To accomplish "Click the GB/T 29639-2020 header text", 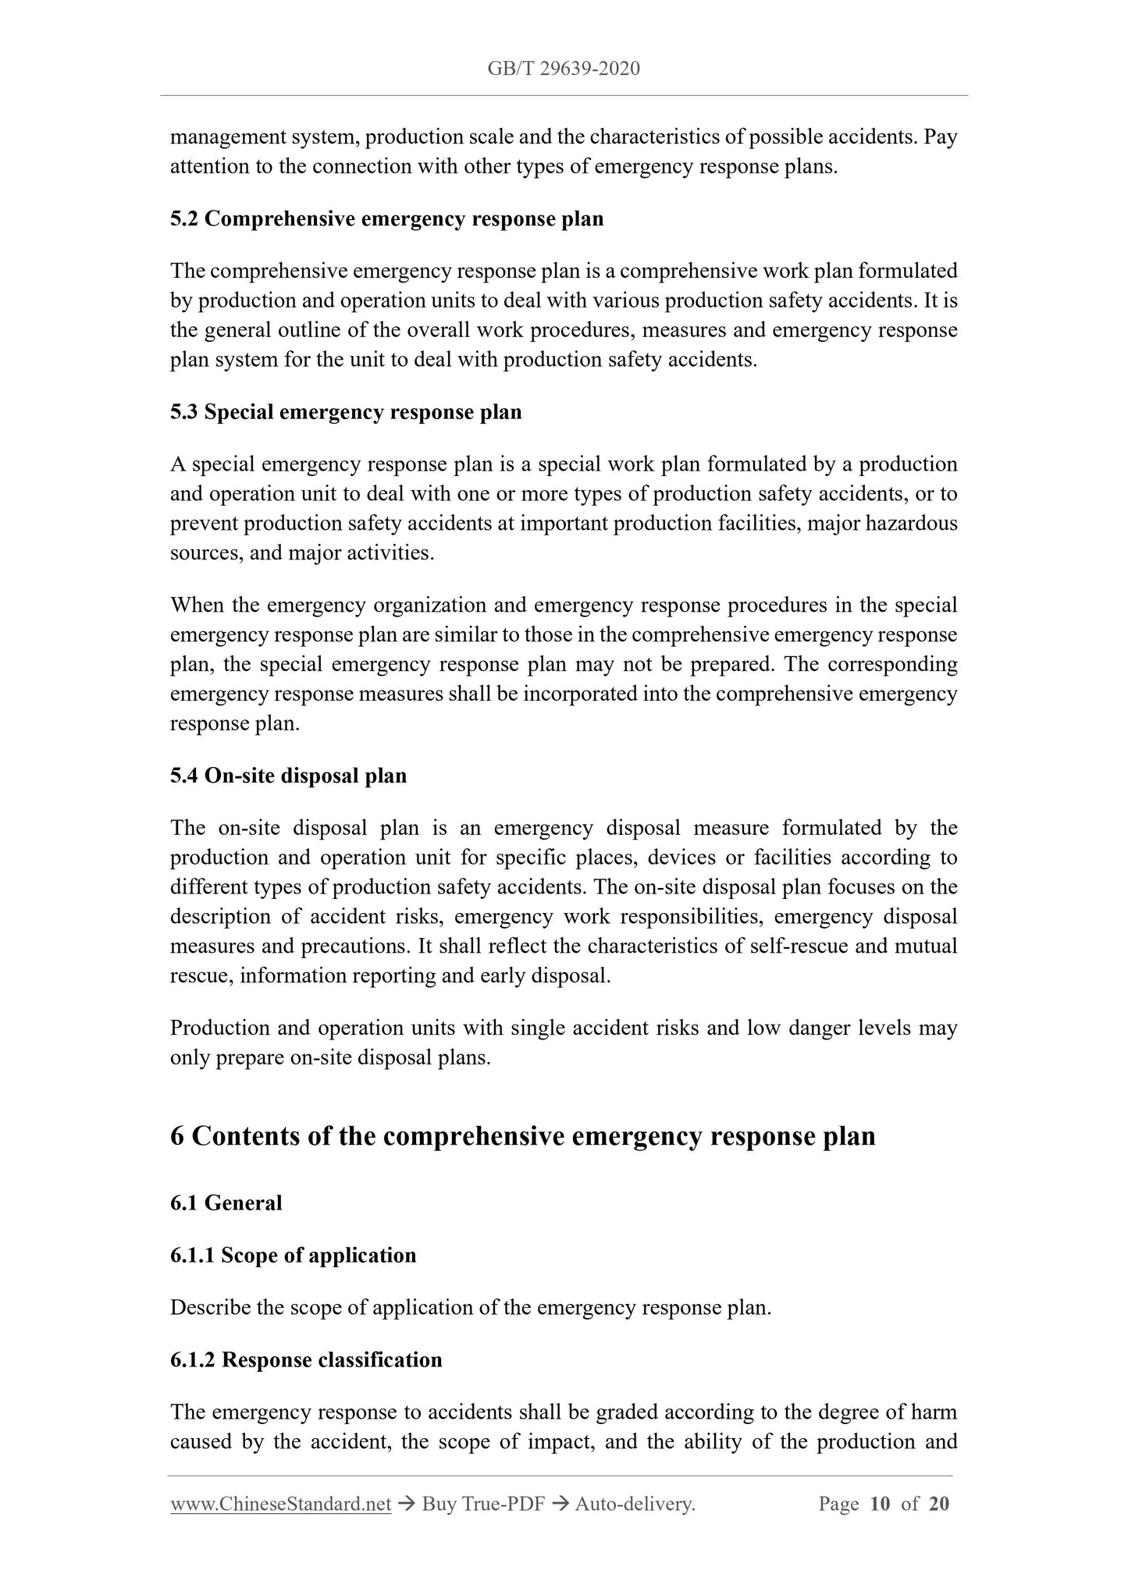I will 564,69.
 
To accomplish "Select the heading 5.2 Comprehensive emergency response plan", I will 386,218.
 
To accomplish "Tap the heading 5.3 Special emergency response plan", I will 346,412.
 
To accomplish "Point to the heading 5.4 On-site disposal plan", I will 288,776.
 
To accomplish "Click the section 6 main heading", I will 522,1136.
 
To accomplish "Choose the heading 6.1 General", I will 226,1203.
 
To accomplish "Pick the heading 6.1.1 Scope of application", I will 293,1256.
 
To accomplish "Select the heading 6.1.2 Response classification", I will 306,1360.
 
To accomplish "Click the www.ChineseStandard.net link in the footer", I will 280,1504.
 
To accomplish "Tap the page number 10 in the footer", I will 880,1504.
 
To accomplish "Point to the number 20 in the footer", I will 939,1504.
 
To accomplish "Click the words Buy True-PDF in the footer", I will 482,1504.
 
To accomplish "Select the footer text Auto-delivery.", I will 635,1504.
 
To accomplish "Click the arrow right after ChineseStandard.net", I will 406,1504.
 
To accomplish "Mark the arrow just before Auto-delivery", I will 559,1504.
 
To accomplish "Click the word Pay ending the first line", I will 941,137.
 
